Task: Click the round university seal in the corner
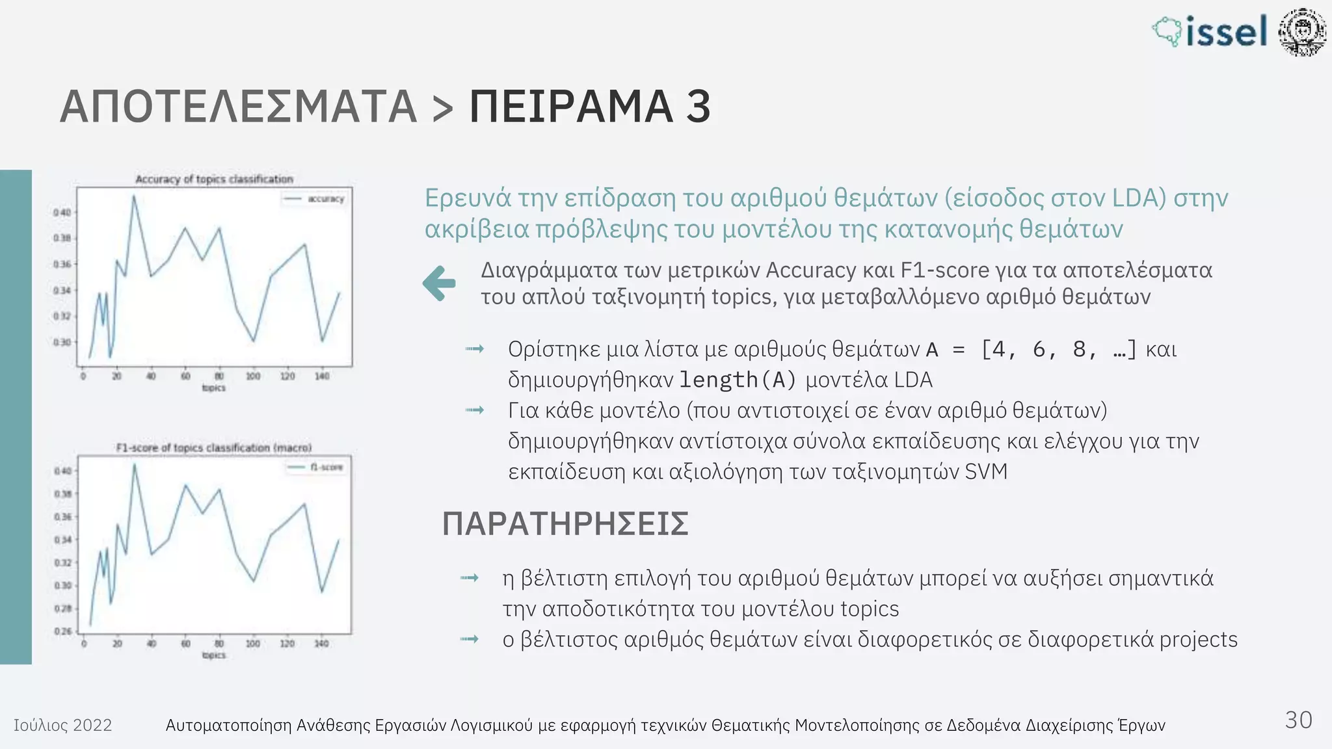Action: tap(1301, 32)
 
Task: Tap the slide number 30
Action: tap(1298, 720)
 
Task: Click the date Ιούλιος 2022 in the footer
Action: tap(63, 725)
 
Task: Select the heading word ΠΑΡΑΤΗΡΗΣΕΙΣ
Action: tap(565, 524)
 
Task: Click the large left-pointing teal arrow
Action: tap(439, 283)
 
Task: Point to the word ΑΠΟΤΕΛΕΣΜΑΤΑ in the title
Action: tap(238, 107)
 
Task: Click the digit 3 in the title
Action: tap(699, 107)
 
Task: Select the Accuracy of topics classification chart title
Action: tap(214, 179)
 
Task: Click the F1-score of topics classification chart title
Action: tap(214, 447)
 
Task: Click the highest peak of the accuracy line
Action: tap(134, 196)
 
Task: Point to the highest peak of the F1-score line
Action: tap(134, 464)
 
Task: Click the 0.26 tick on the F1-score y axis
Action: tap(63, 631)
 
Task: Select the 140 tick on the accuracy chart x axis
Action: tap(322, 376)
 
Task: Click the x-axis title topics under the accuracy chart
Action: tap(213, 388)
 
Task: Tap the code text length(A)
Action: tap(738, 380)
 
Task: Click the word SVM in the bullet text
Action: tap(986, 471)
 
